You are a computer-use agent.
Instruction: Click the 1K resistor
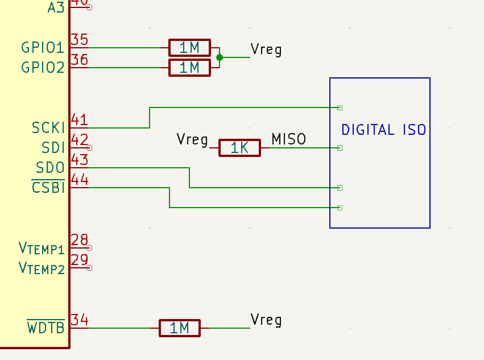click(239, 148)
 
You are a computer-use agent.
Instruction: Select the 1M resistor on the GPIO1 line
click(189, 48)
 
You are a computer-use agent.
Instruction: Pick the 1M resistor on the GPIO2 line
click(189, 68)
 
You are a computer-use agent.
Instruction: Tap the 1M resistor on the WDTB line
click(180, 328)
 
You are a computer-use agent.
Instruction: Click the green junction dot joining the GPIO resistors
click(220, 57)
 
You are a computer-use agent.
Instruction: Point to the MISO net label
click(288, 139)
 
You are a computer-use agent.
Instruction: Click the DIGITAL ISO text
click(384, 130)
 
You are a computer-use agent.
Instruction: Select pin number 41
click(79, 119)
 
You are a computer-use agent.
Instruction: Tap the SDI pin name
click(53, 147)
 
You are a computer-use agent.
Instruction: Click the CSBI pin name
click(48, 187)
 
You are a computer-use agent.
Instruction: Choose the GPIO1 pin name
click(43, 48)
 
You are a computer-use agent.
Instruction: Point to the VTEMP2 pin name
click(42, 268)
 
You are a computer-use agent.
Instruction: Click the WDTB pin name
click(46, 327)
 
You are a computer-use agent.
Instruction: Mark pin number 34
click(80, 320)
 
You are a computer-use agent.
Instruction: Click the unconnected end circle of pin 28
click(89, 248)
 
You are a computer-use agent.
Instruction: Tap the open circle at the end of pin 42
click(89, 148)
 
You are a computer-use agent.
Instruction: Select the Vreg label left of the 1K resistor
click(192, 139)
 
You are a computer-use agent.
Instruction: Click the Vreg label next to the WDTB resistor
click(266, 320)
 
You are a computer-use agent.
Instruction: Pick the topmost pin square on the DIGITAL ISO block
click(340, 107)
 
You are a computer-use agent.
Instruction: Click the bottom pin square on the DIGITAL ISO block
click(340, 208)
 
